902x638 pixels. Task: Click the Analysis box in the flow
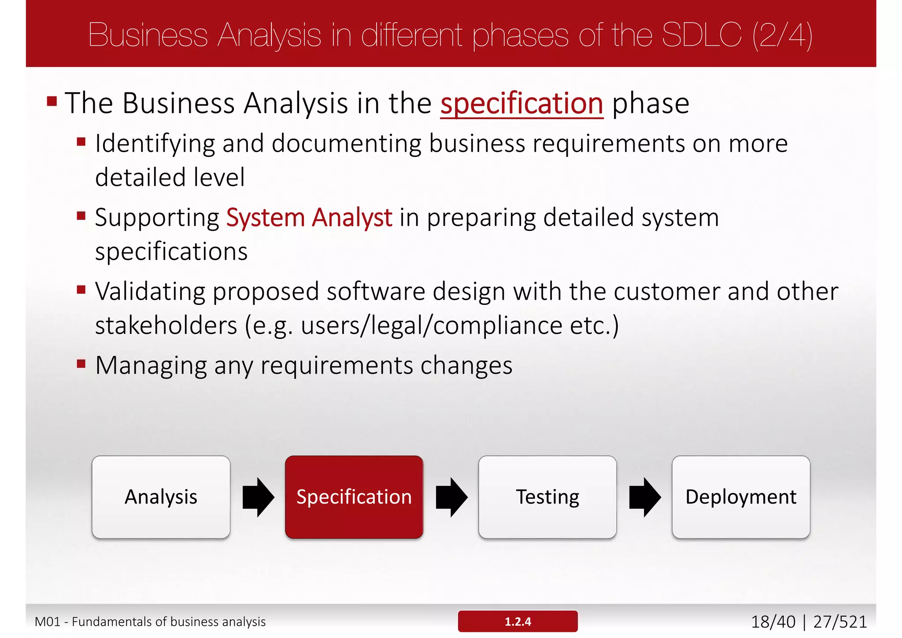coord(161,497)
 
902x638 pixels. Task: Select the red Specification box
coord(354,497)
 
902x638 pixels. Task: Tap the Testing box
coord(547,497)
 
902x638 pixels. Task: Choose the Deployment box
coord(741,497)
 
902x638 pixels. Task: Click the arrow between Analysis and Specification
coord(259,497)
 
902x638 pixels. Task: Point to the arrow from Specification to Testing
coord(451,497)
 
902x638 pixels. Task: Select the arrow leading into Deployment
coord(645,497)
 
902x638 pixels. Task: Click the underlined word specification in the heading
coord(521,104)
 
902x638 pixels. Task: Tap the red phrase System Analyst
coord(309,218)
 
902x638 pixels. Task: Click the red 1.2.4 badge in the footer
coord(518,621)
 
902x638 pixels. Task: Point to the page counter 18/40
coord(773,622)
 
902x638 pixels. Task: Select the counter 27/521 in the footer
coord(840,622)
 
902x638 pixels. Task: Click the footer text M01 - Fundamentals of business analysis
coord(150,622)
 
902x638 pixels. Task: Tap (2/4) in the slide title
coord(782,35)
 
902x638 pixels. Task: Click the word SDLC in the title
coord(702,35)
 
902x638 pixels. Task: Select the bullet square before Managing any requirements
coord(81,364)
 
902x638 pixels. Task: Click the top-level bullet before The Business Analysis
coord(52,102)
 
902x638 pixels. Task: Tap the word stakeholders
coord(166,326)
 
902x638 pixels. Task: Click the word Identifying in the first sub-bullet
coord(155,144)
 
